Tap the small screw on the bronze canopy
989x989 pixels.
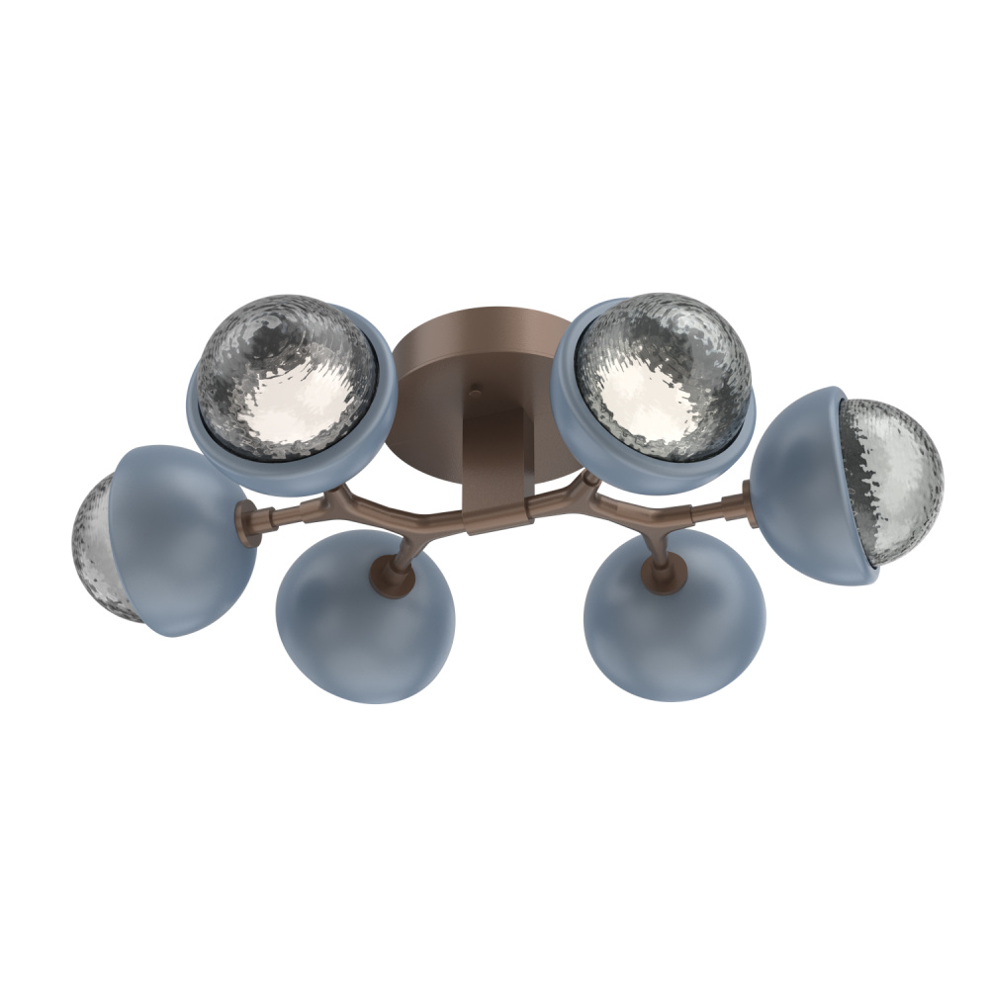click(x=476, y=392)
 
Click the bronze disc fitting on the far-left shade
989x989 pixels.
click(x=247, y=521)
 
